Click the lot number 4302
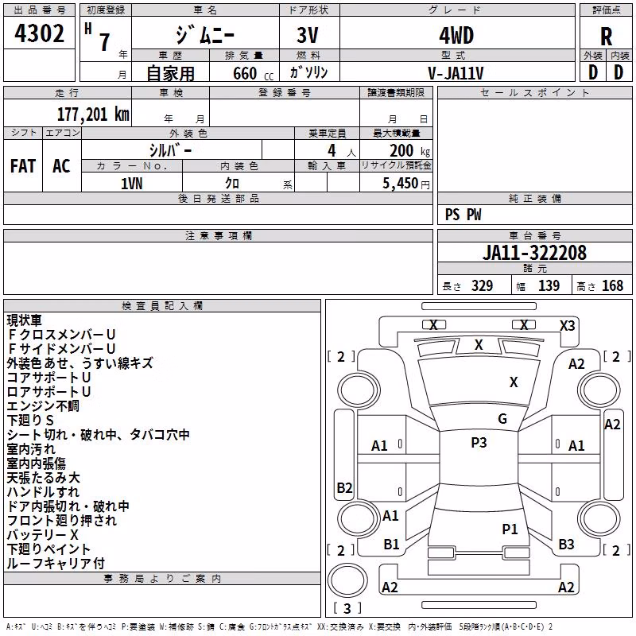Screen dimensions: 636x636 [x=39, y=33]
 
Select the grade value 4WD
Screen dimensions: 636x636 [x=456, y=36]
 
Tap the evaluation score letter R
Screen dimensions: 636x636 [x=606, y=37]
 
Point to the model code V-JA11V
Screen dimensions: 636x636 [x=456, y=73]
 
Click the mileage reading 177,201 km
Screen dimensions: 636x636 [x=93, y=114]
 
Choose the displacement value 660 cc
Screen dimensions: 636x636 [x=253, y=73]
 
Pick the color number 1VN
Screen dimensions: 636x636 [x=132, y=184]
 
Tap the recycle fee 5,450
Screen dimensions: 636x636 [x=401, y=184]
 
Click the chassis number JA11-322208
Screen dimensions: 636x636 [x=534, y=253]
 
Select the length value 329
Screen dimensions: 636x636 [x=482, y=285]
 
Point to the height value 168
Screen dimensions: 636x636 [x=612, y=285]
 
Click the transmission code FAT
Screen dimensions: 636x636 [x=23, y=166]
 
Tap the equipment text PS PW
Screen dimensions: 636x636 [x=463, y=215]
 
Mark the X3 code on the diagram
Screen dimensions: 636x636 [x=567, y=326]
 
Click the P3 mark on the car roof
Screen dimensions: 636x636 [x=479, y=443]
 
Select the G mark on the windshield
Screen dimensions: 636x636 [x=502, y=419]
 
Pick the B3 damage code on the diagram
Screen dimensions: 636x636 [x=566, y=545]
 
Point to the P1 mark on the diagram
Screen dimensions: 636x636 [x=510, y=529]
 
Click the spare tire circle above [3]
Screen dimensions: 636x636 [x=347, y=580]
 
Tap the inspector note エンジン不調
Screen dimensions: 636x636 [x=43, y=405]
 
